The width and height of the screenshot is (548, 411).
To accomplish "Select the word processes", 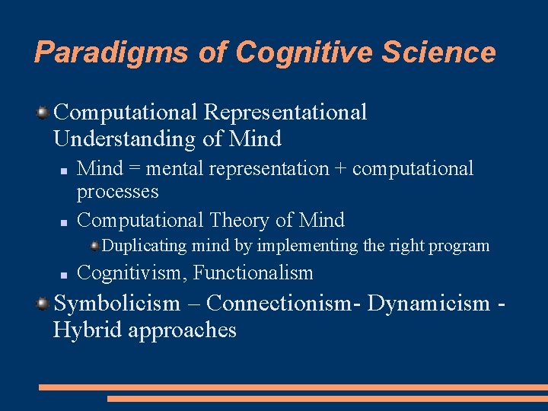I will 117,192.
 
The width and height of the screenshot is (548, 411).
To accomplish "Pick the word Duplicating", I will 144,246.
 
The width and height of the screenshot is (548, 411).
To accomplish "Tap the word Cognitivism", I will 132,272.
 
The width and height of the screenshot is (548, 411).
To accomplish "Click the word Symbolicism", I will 117,304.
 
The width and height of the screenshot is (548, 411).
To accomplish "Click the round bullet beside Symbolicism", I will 43,304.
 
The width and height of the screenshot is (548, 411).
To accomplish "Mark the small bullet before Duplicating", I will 94,246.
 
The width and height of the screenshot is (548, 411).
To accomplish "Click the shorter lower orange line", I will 327,398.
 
